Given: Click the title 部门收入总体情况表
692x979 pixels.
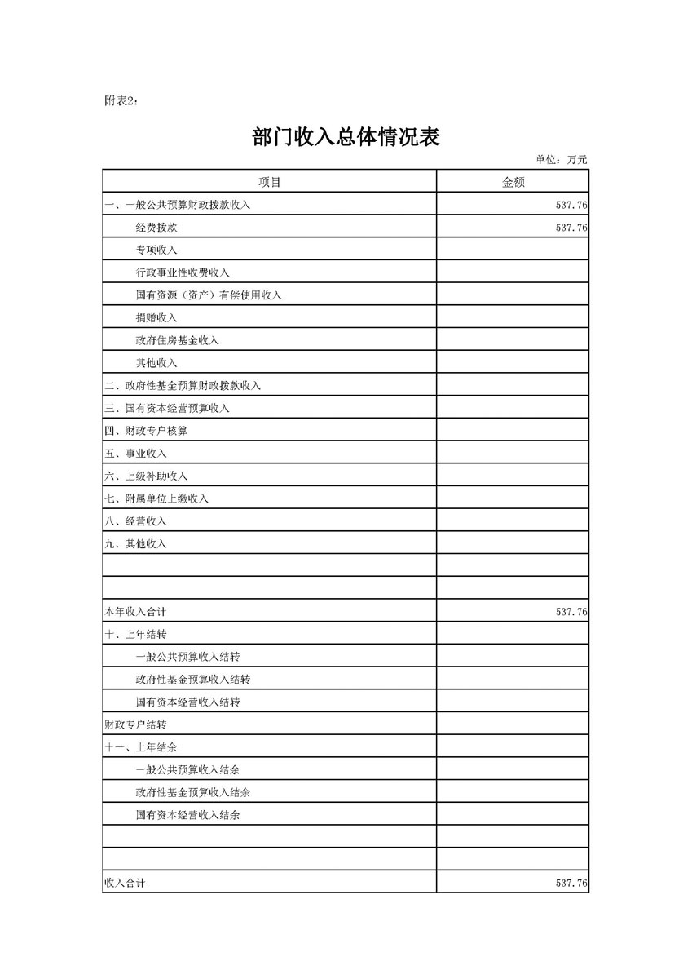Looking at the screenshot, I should (x=346, y=137).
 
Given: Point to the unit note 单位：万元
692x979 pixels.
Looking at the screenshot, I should (x=561, y=160).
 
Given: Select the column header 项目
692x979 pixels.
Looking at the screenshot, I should (x=269, y=182).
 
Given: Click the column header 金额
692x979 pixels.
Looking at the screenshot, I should (x=513, y=182).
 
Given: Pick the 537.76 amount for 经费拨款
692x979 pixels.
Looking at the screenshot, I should (x=571, y=228).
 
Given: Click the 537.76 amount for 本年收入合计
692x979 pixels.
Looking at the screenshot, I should (x=571, y=611).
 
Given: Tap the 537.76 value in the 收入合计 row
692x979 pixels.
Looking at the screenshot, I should (x=571, y=884).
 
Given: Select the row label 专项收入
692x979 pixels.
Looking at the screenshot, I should (x=156, y=250).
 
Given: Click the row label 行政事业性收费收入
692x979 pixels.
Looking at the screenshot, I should (x=183, y=272).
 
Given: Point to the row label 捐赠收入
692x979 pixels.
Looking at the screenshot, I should (x=156, y=317).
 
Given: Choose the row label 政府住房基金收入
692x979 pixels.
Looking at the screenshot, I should (x=178, y=340).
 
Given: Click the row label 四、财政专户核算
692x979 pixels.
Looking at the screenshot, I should (x=146, y=431).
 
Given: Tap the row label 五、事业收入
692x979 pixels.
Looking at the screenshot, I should (x=135, y=454).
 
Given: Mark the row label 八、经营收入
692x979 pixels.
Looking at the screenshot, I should (x=135, y=521).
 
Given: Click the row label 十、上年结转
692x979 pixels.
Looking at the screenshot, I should (x=135, y=634).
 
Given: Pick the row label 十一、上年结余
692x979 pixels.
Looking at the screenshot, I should (x=141, y=747).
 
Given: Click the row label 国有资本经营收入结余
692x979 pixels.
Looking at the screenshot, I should (x=193, y=815).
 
